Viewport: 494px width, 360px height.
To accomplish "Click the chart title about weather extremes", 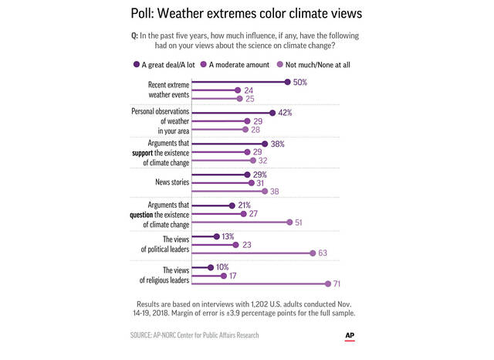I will coord(246,15).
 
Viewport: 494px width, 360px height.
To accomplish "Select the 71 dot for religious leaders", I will coord(327,284).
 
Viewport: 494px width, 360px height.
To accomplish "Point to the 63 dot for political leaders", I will coord(313,253).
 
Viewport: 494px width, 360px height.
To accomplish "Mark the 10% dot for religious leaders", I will coord(211,268).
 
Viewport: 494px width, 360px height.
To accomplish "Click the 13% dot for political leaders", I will coord(216,237).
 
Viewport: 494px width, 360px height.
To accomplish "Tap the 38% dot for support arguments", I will coord(265,144).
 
